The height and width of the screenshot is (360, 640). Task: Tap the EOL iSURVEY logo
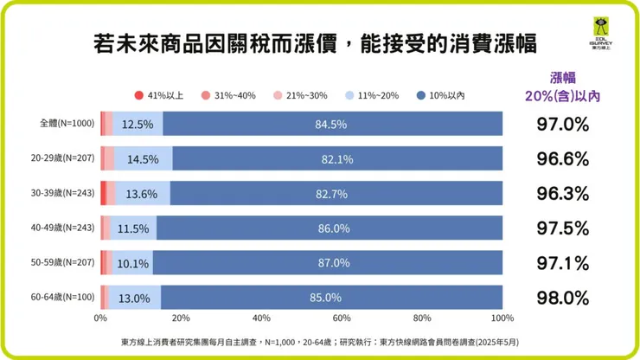(598, 35)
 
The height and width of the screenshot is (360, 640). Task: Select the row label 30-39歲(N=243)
(60, 194)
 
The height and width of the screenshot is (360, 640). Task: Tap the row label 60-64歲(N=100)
(60, 298)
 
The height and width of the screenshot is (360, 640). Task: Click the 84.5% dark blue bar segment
(331, 125)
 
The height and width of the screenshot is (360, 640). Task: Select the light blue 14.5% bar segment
(143, 159)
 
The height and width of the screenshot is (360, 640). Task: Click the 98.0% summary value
(562, 298)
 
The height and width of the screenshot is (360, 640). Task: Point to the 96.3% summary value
(562, 194)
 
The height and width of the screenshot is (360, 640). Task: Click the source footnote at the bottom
(320, 342)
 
